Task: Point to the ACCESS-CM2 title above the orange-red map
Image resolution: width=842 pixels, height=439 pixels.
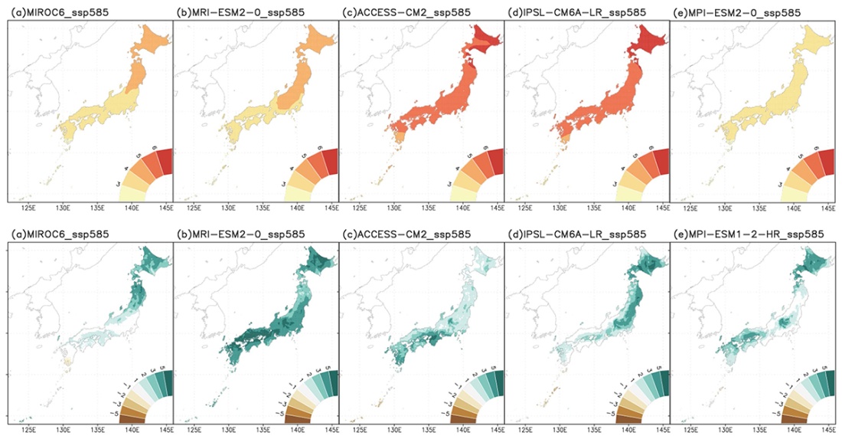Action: tap(395, 13)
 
